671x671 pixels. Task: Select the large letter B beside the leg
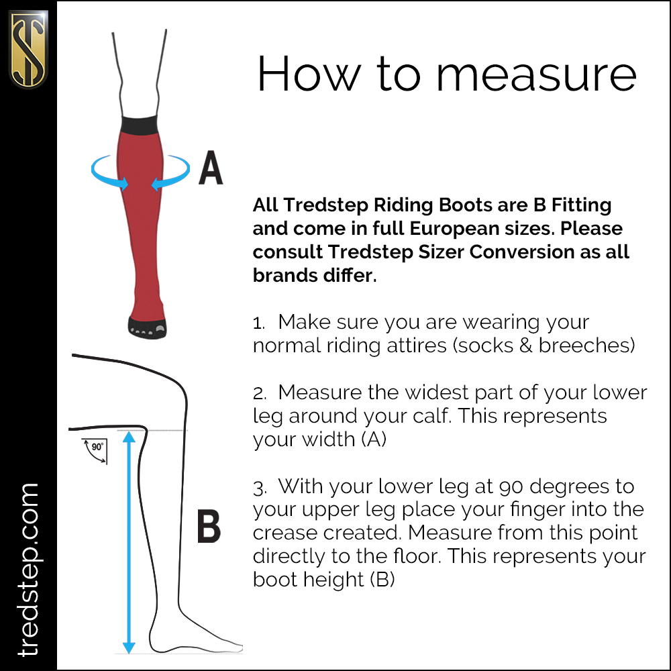(209, 526)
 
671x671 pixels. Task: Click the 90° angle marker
(95, 450)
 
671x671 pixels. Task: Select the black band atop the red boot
(142, 125)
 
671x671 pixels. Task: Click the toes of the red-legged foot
(147, 329)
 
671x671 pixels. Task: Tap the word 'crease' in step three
(282, 533)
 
